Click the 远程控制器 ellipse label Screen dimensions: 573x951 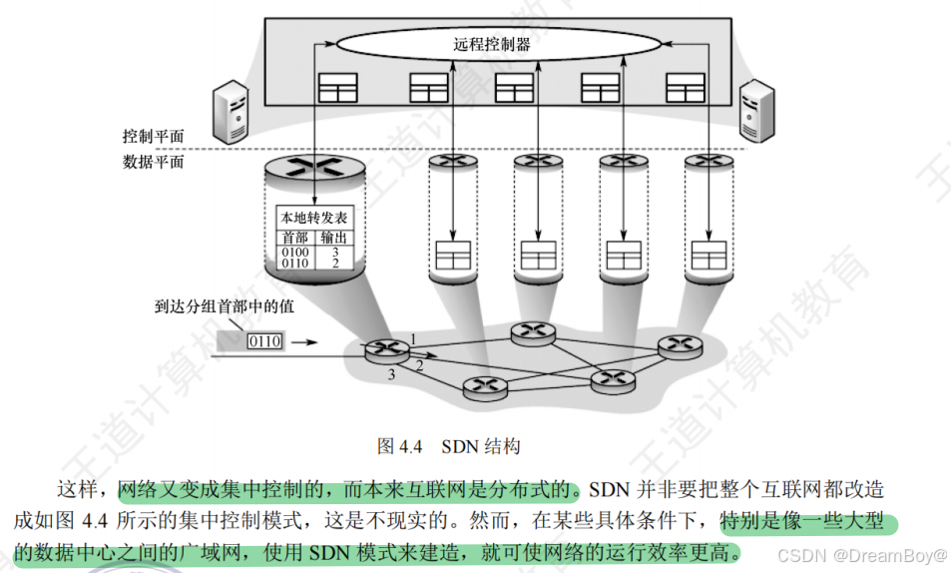coord(491,44)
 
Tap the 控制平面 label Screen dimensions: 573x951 coord(153,136)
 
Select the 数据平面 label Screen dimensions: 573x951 coord(153,162)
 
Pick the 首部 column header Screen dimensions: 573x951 coord(294,238)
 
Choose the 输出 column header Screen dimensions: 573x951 coord(333,238)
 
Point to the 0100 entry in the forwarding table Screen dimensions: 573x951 coord(295,252)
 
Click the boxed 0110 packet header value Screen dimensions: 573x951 coord(264,342)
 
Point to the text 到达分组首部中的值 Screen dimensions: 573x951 coord(225,307)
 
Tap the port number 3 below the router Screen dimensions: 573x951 coord(392,374)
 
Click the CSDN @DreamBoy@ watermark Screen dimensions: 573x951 coord(862,554)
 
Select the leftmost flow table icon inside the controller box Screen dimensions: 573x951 coord(337,89)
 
